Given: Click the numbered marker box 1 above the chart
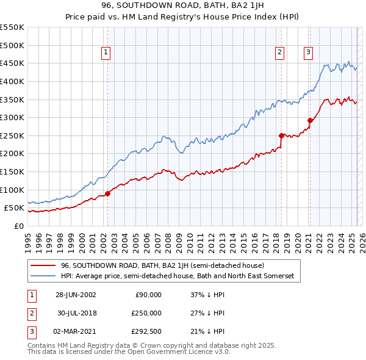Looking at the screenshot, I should coord(106,53).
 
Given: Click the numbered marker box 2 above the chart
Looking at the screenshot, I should coord(279,53).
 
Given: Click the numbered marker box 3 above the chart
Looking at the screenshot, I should coord(308,53).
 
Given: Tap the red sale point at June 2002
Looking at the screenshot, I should coord(107,193).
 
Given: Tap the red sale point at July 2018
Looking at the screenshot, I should coord(281,135).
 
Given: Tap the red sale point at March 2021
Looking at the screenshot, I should coord(310,120).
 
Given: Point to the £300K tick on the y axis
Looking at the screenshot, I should coord(13,117).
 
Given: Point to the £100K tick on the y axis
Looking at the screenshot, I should coord(13,190).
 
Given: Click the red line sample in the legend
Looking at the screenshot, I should coord(43,266).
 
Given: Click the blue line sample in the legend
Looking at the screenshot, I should coord(43,276).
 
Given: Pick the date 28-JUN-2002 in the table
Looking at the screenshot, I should coord(76,295).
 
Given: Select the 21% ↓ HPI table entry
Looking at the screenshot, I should coord(208,331).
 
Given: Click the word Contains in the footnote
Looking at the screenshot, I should coord(43,345).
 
